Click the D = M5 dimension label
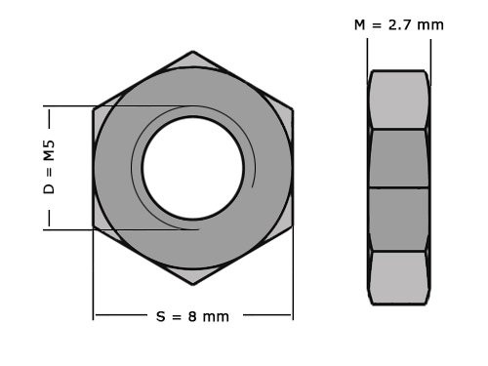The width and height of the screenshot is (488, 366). (49, 167)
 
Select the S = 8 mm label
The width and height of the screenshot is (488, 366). (192, 316)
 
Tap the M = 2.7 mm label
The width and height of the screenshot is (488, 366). (398, 24)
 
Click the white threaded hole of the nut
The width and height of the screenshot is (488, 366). (192, 167)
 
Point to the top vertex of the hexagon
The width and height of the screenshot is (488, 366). (192, 52)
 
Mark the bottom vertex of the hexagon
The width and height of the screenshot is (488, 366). (192, 284)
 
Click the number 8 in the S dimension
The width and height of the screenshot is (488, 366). (191, 316)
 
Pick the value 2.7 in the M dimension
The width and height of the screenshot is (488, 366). (401, 24)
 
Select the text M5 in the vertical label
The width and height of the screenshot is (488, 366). (49, 150)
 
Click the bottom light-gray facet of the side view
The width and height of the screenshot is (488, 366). (398, 277)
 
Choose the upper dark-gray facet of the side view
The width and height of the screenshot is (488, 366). (398, 158)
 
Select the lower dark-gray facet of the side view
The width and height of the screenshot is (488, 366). (398, 219)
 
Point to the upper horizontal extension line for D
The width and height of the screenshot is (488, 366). (68, 105)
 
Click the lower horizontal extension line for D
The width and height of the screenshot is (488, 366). (68, 229)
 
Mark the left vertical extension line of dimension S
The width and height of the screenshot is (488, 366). (94, 283)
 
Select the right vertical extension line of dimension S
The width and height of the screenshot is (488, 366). (292, 283)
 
